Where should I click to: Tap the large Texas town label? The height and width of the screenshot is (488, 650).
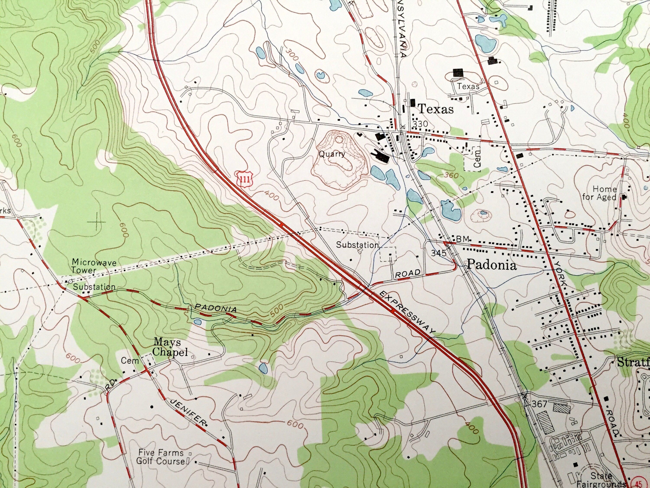435,109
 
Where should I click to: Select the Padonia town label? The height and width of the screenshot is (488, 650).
491,265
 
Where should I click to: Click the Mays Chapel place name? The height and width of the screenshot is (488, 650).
171,347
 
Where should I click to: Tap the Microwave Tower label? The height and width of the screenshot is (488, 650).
94,266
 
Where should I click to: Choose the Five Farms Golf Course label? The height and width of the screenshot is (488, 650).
161,457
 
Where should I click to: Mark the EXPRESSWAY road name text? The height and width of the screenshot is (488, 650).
406,312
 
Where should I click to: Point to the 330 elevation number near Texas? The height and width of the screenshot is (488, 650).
420,124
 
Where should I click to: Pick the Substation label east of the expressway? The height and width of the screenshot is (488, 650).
357,245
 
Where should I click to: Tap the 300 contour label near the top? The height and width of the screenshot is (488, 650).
291,55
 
